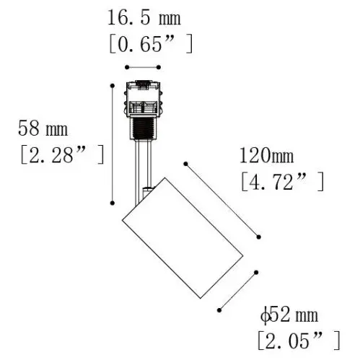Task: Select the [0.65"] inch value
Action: (x=150, y=45)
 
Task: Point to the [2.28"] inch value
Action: (x=60, y=154)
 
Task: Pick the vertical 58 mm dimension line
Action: (x=113, y=144)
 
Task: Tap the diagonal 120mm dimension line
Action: (x=221, y=200)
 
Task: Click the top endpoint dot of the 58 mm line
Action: (x=113, y=85)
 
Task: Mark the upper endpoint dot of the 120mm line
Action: (x=185, y=164)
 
